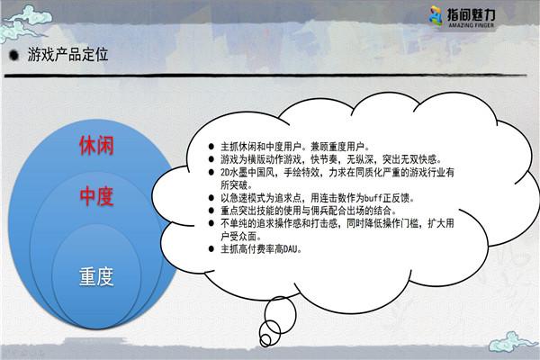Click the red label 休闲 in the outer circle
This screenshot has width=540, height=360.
tap(95, 144)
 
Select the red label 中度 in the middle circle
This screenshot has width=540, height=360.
tap(95, 195)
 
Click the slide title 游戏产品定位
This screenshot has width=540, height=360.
tap(68, 55)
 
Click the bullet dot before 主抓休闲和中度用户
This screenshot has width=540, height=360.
tap(211, 144)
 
